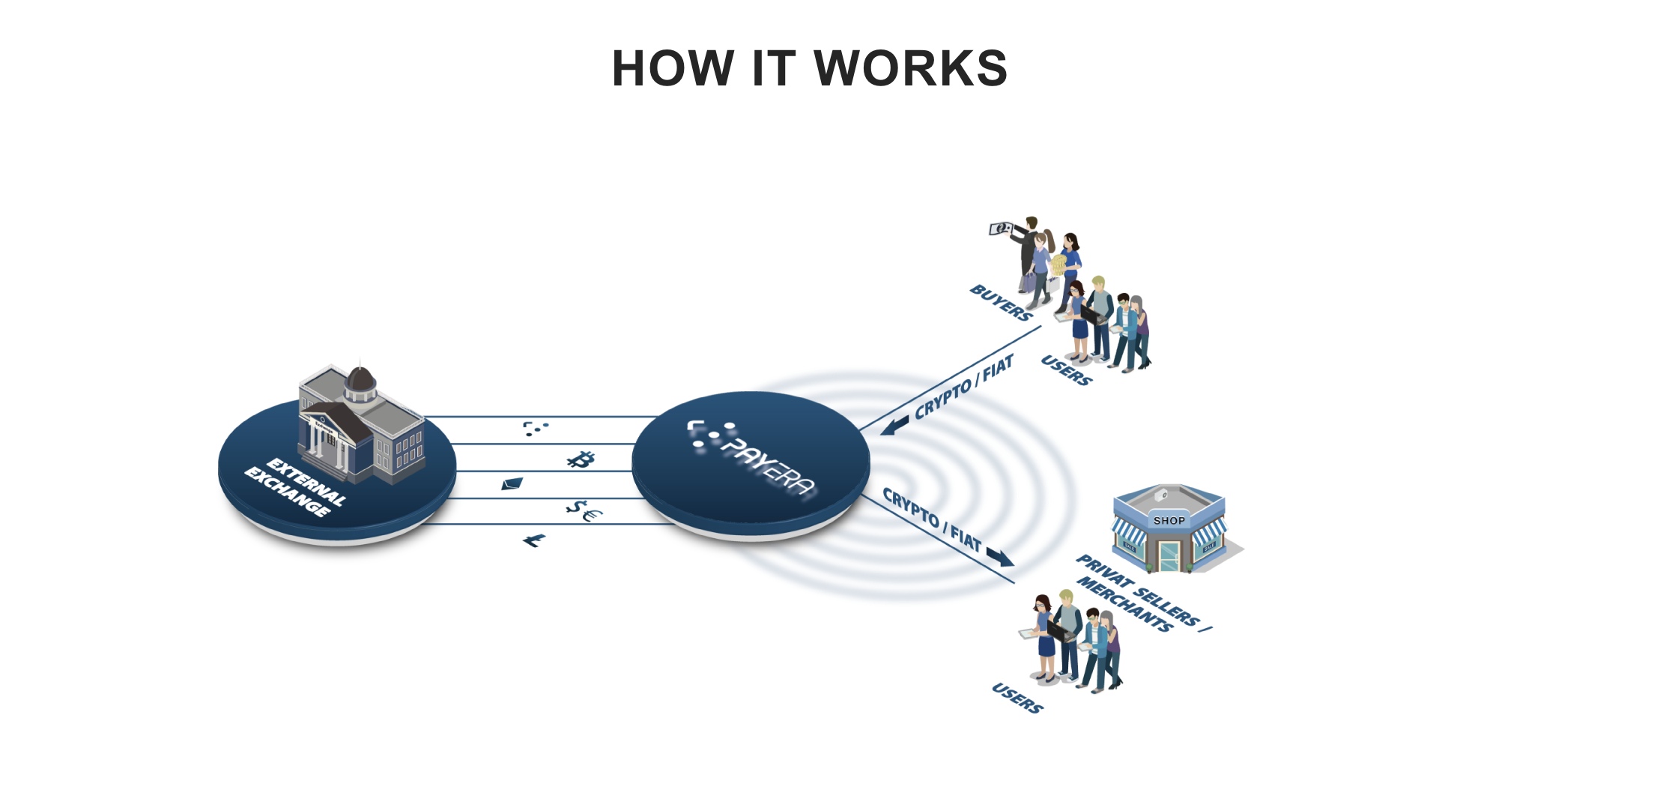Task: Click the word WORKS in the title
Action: (x=910, y=68)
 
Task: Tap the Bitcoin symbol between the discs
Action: (x=580, y=459)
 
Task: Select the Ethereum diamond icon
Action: (x=512, y=483)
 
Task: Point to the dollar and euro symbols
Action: (x=584, y=511)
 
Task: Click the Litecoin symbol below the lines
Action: (x=534, y=540)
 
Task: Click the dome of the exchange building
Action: (x=360, y=382)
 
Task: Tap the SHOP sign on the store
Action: (x=1169, y=520)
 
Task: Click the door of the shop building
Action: (x=1169, y=555)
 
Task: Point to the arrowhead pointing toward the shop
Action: (x=1000, y=557)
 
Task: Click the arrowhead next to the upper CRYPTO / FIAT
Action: (x=894, y=426)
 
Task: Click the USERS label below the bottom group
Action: (x=1017, y=698)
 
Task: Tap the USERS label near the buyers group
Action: (x=1066, y=371)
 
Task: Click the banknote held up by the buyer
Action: (x=1001, y=228)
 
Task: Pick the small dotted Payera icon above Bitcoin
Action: (x=534, y=428)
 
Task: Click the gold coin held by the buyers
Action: (x=1058, y=265)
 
